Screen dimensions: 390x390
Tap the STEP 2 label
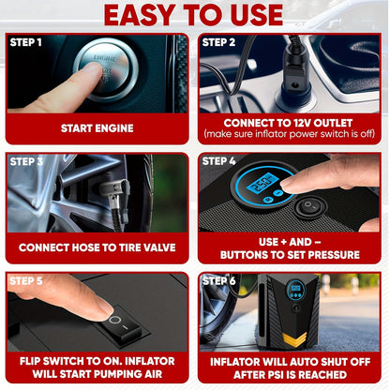coord(219,42)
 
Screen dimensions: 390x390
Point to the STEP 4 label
coord(219,160)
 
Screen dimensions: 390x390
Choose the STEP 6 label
coord(219,279)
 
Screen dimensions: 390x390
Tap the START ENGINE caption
coord(97,127)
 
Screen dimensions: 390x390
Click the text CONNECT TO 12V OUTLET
coord(291,122)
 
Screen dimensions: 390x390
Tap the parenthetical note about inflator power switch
coord(291,135)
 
